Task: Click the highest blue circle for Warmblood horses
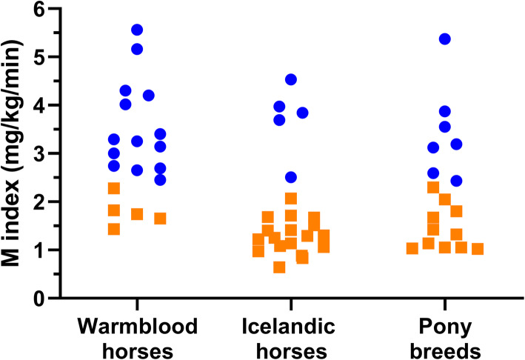pos(136,30)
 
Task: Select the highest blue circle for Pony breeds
pos(445,39)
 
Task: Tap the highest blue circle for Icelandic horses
pos(291,79)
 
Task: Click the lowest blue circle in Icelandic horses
pos(291,177)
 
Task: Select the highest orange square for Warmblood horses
pos(114,188)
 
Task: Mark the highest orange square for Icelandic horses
pos(291,199)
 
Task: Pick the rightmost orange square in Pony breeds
pos(478,249)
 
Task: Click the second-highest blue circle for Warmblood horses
pos(136,49)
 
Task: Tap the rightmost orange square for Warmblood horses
pos(160,219)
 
